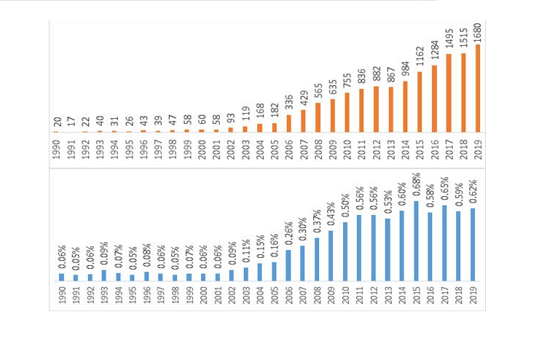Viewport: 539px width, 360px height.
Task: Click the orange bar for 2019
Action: pos(478,88)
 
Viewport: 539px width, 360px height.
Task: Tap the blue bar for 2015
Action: pos(417,241)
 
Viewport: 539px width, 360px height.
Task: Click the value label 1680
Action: pos(478,32)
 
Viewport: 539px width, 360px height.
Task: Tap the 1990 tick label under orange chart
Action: pos(57,147)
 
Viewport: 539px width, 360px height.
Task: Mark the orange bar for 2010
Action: pos(347,112)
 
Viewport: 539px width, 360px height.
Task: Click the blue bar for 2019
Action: pos(473,245)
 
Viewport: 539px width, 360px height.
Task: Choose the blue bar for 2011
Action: pos(360,248)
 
